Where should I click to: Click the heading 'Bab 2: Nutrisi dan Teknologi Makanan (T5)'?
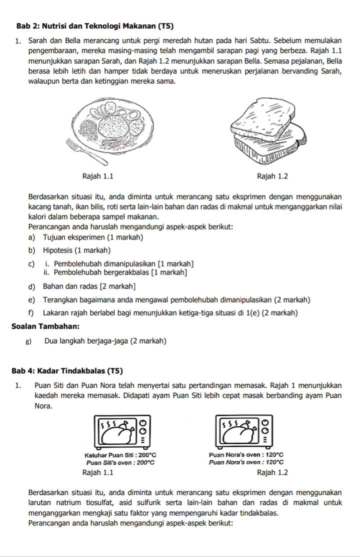click(x=95, y=25)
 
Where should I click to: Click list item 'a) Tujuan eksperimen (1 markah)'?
click(x=87, y=237)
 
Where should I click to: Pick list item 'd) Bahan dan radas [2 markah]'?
click(x=82, y=286)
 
